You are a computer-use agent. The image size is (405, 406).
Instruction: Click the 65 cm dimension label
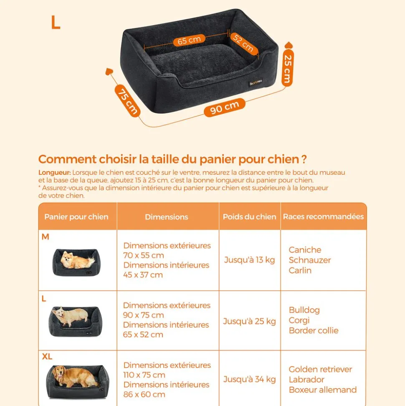tap(189, 41)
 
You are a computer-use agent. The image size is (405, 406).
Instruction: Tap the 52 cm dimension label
tap(243, 43)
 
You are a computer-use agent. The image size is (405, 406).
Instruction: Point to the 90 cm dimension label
tap(225, 108)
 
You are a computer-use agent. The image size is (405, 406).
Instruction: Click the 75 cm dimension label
tap(127, 100)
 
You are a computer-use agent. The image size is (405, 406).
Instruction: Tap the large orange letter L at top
tap(55, 23)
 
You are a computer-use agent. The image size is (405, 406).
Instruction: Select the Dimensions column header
tap(167, 217)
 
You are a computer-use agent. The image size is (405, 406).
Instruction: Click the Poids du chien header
tap(249, 217)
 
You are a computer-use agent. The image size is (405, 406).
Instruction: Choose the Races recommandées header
tap(323, 217)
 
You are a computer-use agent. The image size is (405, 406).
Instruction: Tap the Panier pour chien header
tap(76, 217)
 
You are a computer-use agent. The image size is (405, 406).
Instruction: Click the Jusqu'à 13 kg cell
tap(249, 260)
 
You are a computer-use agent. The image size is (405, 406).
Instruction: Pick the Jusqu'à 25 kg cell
tap(249, 321)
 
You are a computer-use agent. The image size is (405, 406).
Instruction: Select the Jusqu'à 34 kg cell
tap(249, 379)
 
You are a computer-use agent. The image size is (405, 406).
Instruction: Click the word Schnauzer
tap(309, 260)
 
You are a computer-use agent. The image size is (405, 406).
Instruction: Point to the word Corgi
tap(299, 320)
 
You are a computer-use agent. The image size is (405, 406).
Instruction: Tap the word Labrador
tap(306, 380)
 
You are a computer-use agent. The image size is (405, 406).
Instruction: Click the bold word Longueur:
tap(54, 172)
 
